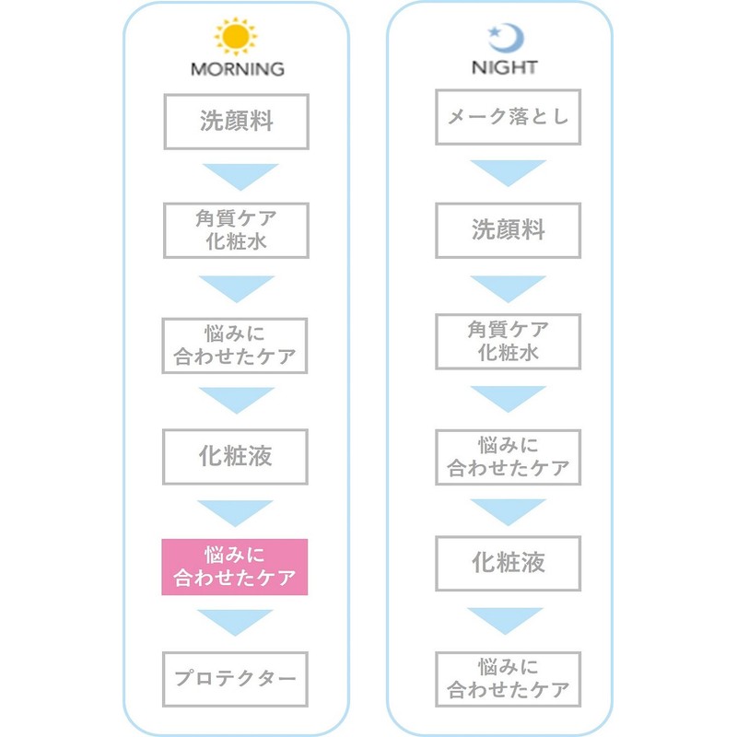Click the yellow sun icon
pos(236,36)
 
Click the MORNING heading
pos(238,69)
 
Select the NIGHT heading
pos(504,67)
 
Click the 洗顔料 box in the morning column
pos(236,122)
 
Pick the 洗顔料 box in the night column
pos(509,230)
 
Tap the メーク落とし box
pos(509,117)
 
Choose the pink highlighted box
pos(235,567)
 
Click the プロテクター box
pos(235,679)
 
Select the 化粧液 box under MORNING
pos(235,456)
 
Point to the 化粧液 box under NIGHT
pos(509,563)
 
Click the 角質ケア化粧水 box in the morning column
pos(236,230)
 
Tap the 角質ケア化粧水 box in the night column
pos(509,342)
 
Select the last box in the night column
pos(509,679)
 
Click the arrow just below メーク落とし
pos(509,172)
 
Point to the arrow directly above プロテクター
pos(235,621)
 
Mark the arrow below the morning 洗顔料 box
pos(240,176)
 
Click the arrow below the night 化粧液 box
pos(505,620)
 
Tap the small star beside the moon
pos(494,32)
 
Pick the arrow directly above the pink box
pos(235,512)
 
